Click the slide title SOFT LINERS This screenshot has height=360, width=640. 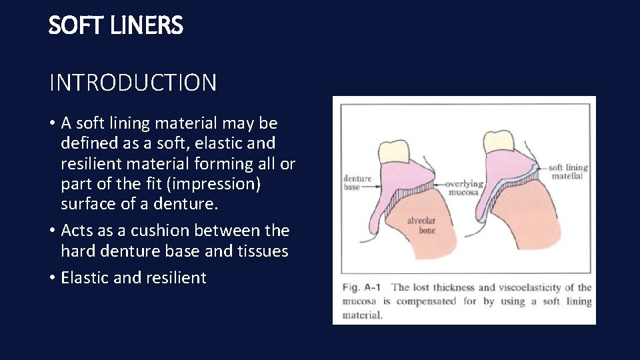pos(115,26)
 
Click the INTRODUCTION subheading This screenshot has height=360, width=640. pos(133,83)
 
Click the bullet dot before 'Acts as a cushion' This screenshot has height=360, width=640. pos(52,231)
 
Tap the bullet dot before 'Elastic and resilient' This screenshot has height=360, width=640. pos(52,278)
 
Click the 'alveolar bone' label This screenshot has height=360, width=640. pos(422,225)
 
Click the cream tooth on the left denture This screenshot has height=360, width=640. pos(393,150)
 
